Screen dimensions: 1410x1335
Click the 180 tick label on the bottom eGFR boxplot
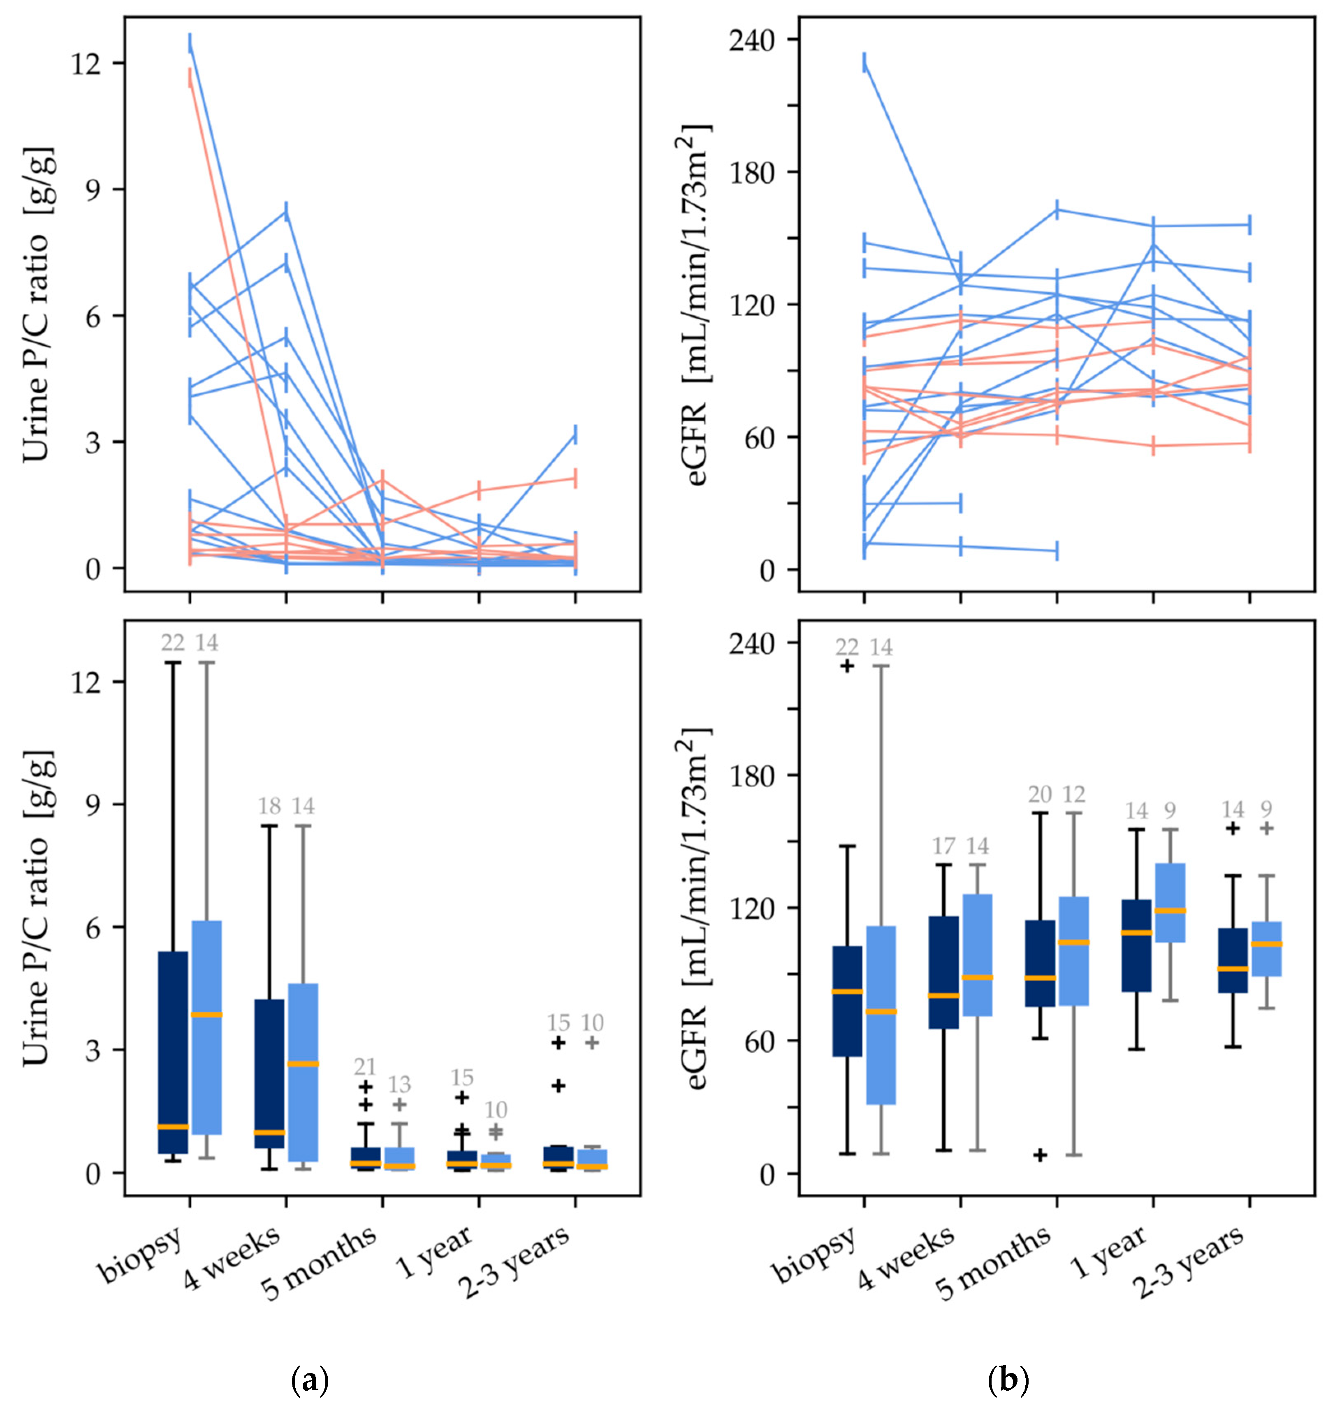(x=752, y=775)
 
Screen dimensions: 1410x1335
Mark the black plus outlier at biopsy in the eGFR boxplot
(x=847, y=666)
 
